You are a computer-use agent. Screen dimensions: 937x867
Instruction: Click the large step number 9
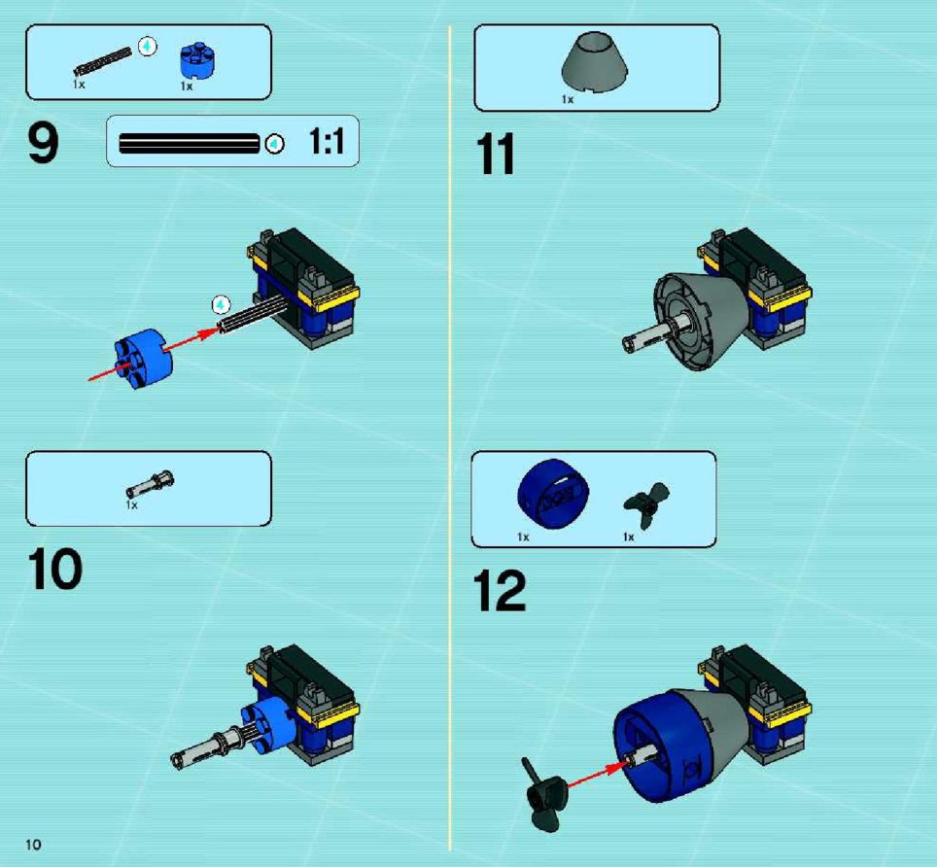43,143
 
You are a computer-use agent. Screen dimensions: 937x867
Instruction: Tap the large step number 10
55,570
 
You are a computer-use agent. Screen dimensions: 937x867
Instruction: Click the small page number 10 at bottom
33,844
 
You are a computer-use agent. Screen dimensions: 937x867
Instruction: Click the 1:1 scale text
327,142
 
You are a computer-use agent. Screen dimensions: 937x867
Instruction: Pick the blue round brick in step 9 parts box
197,60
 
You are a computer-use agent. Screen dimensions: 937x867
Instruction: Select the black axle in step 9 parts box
103,61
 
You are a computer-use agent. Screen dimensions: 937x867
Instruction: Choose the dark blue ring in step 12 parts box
553,494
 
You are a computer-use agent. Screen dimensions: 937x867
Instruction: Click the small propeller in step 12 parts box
646,504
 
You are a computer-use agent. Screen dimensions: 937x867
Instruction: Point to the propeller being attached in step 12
543,795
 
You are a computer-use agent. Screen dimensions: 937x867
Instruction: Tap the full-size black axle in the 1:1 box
190,144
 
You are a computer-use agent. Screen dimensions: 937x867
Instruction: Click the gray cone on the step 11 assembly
702,321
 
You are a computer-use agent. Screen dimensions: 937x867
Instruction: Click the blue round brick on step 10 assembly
267,724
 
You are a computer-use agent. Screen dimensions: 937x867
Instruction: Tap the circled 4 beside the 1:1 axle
275,144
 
